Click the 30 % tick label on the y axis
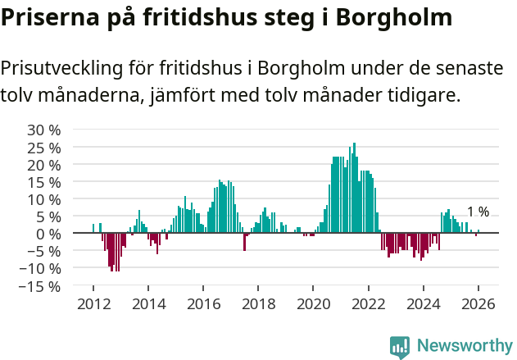pos(43,130)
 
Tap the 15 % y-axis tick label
pos(43,181)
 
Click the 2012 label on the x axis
pos(93,303)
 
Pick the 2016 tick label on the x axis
pos(203,303)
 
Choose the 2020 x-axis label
pos(313,303)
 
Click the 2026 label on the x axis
pos(478,303)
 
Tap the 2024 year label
pos(424,303)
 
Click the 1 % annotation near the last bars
pos(478,212)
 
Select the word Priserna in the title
pos(52,18)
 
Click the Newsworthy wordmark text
pos(465,346)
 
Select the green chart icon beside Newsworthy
pos(400,347)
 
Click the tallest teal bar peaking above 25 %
pos(354,188)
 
